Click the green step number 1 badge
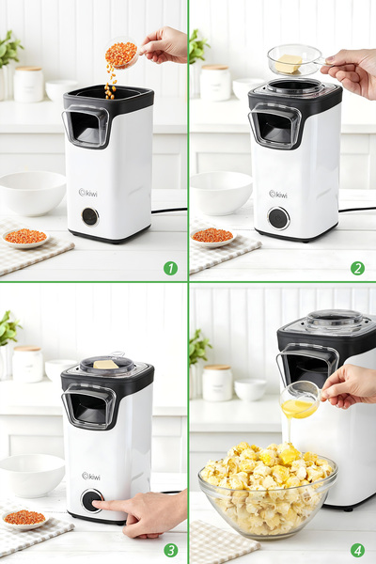170,268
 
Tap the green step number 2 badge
357,268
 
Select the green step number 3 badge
170,550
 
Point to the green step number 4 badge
357,550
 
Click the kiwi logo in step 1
89,193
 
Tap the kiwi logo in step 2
278,195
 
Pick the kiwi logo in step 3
90,476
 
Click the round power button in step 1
89,216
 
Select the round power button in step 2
278,218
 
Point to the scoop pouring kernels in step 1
121,54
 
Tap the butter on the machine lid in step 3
105,364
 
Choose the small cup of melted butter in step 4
300,405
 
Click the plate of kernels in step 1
25,237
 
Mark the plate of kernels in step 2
212,236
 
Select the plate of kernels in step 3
24,518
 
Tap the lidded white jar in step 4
217,384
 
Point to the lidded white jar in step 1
28,84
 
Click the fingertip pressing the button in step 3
98,505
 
